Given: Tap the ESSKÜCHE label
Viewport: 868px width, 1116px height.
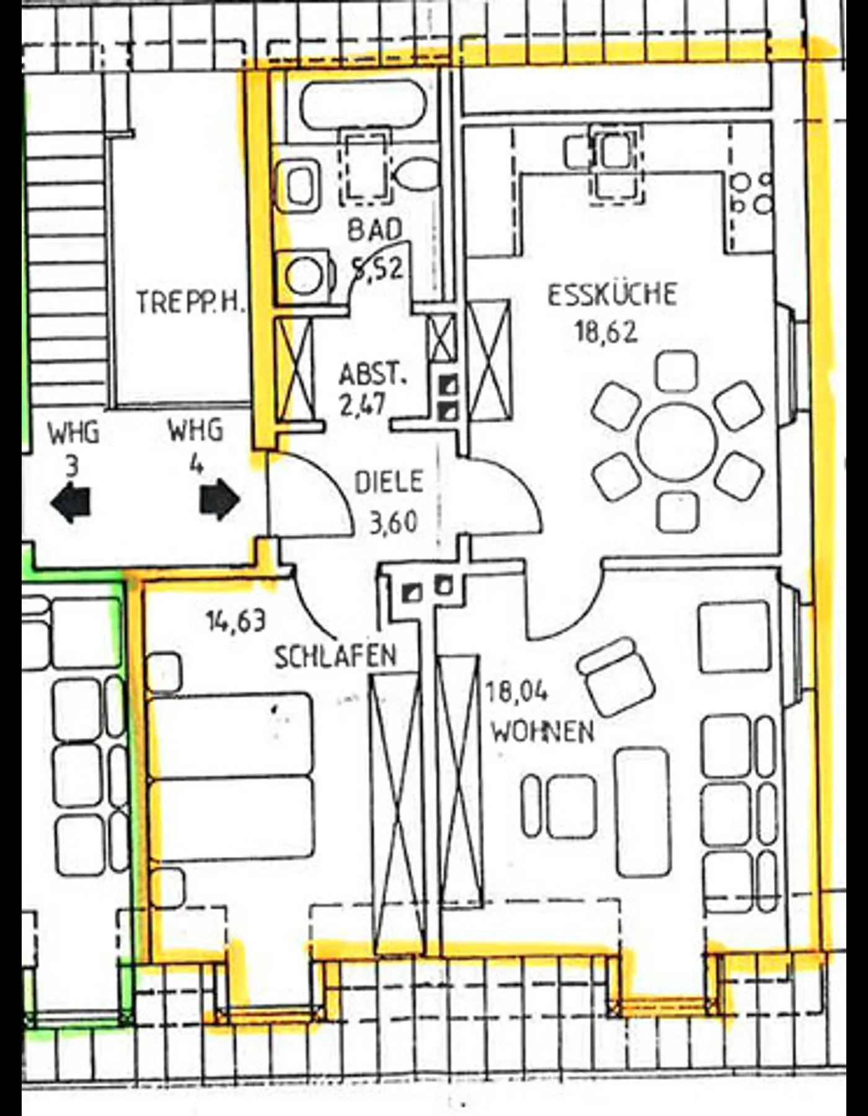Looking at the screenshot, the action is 612,294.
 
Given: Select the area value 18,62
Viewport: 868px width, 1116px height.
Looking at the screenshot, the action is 606,332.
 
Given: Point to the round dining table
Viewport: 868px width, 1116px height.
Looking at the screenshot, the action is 677,443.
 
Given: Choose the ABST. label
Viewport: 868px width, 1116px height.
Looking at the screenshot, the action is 373,374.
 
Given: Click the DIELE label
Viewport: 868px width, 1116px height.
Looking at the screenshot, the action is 389,482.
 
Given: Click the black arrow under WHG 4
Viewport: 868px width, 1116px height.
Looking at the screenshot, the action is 220,499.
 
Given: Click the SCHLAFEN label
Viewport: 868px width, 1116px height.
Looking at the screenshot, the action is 335,657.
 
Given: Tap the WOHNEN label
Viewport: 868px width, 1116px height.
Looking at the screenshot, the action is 542,732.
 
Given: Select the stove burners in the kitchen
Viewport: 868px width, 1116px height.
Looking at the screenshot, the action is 752,193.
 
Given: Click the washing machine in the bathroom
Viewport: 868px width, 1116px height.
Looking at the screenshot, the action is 305,277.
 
